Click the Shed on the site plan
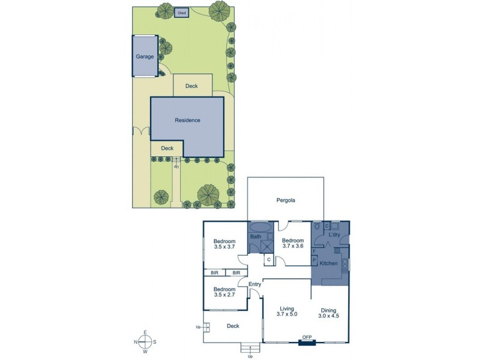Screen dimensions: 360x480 coord(181,12)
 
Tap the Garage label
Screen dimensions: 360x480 coord(145,56)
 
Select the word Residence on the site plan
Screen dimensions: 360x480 coord(187,120)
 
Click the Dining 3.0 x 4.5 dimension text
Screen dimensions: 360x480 coord(329,313)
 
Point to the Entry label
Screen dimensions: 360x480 coord(248,285)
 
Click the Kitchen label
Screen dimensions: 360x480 coord(329,264)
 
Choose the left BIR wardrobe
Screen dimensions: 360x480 coord(215,273)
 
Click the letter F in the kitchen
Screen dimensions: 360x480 coord(314,251)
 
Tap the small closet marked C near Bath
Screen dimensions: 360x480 coord(269,260)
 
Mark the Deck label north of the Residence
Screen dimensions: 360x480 coord(191,86)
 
